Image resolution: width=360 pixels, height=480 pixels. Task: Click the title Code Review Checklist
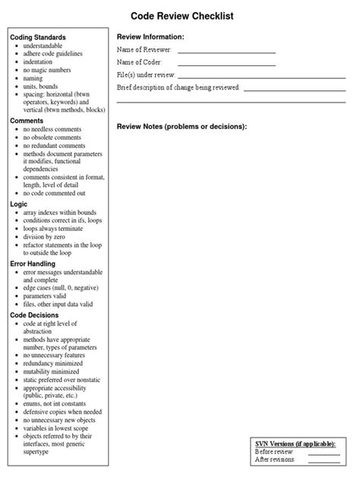pyautogui.click(x=182, y=15)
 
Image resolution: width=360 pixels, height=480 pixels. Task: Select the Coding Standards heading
pyautogui.click(x=38, y=37)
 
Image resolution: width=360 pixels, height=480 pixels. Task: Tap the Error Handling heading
pyautogui.click(x=33, y=263)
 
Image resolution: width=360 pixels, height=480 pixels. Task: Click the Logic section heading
pyautogui.click(x=19, y=204)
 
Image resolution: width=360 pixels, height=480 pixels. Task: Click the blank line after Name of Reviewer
pyautogui.click(x=226, y=52)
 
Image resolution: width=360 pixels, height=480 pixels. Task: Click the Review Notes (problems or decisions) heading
pyautogui.click(x=182, y=126)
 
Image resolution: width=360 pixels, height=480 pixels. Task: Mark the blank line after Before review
pyautogui.click(x=324, y=453)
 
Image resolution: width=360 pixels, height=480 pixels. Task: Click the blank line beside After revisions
pyautogui.click(x=324, y=461)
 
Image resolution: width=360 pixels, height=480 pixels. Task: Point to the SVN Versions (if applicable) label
pyautogui.click(x=295, y=444)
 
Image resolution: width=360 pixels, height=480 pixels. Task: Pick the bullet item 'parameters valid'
pyautogui.click(x=50, y=297)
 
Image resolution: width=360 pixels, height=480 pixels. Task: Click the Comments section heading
pyautogui.click(x=27, y=121)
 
